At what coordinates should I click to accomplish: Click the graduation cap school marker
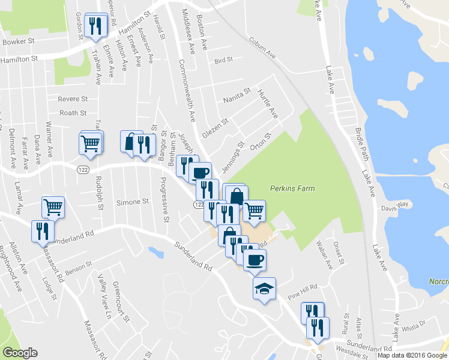click(264, 289)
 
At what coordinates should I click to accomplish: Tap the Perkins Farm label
click(292, 188)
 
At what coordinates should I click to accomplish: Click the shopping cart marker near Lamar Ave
click(53, 207)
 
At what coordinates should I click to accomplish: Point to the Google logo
click(19, 353)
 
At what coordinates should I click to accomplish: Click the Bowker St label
click(19, 42)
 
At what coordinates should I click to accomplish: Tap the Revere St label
click(73, 98)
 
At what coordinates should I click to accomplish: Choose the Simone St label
click(132, 202)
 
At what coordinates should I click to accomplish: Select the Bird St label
click(223, 61)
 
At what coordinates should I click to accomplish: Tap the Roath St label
click(73, 113)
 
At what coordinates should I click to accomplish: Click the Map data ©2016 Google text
click(412, 355)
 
